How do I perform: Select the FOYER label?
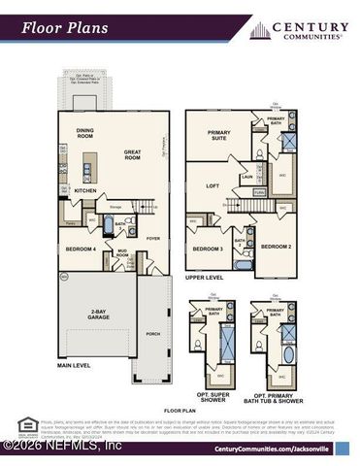152,237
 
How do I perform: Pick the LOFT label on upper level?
213,183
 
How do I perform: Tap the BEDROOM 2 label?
277,247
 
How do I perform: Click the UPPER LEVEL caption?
206,278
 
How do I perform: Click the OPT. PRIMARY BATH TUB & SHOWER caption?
275,398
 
